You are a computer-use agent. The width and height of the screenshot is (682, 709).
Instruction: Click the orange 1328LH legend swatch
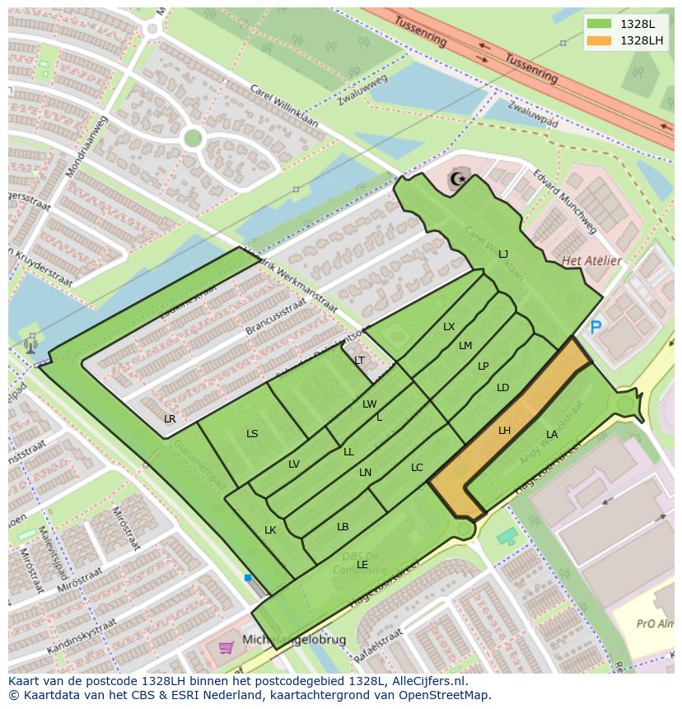pyautogui.click(x=600, y=40)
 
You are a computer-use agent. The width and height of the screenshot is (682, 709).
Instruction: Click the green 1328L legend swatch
pyautogui.click(x=600, y=24)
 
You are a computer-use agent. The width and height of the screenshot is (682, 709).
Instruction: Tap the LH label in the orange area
pyautogui.click(x=504, y=430)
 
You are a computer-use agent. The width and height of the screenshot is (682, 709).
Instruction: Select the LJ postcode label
pyautogui.click(x=503, y=254)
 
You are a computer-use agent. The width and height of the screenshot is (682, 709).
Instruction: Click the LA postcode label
pyautogui.click(x=552, y=434)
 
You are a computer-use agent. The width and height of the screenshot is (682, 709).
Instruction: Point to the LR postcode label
pyautogui.click(x=170, y=418)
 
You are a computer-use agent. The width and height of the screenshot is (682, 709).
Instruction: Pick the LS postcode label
pyautogui.click(x=252, y=433)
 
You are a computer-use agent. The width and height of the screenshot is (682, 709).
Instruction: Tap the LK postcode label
pyautogui.click(x=270, y=530)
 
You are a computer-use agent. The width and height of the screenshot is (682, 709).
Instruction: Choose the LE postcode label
pyautogui.click(x=362, y=564)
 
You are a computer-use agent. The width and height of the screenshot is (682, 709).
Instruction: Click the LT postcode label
pyautogui.click(x=359, y=361)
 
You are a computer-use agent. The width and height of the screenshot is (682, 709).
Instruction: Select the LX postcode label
pyautogui.click(x=449, y=327)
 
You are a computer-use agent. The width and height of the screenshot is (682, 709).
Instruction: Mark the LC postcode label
pyautogui.click(x=417, y=468)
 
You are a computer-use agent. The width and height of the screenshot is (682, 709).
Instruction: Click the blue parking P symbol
pyautogui.click(x=596, y=328)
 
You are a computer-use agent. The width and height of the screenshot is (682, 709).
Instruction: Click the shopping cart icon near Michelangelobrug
pyautogui.click(x=226, y=648)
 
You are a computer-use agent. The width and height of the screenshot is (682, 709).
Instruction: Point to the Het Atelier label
pyautogui.click(x=591, y=261)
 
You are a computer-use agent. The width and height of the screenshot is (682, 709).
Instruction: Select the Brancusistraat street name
pyautogui.click(x=274, y=316)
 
